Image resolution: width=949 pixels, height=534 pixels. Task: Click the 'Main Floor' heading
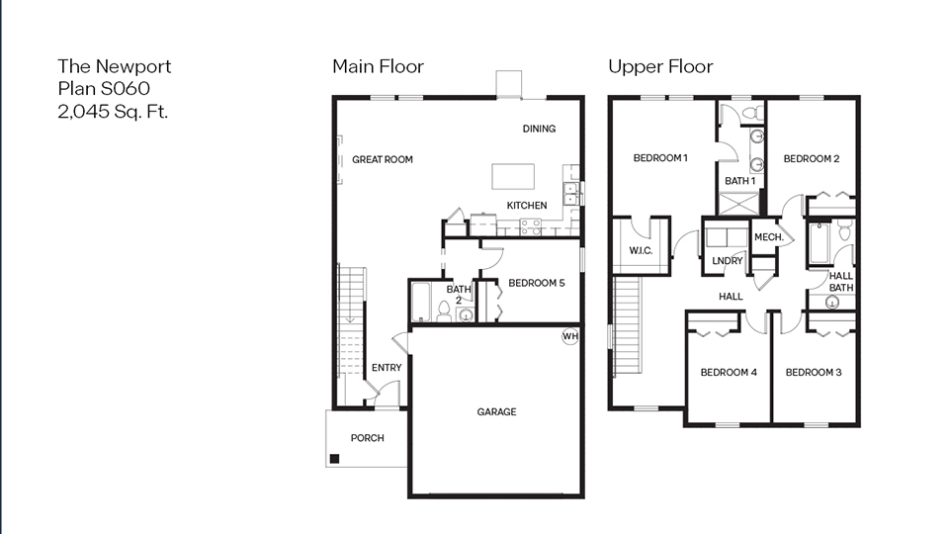378,67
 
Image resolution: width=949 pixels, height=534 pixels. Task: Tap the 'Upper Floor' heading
659,67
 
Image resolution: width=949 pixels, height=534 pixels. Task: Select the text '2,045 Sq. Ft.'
113,112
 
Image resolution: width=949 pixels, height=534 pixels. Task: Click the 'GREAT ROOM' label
383,159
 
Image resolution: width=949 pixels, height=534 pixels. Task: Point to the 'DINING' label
539,129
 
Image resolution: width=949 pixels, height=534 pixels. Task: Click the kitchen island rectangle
514,176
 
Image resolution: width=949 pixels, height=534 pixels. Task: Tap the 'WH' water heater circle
569,336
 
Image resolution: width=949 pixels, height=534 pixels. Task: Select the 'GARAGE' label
496,412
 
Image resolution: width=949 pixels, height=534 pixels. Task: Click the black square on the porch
336,458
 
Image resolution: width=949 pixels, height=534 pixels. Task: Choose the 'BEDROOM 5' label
536,283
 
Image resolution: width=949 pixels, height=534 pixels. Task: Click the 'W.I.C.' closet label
641,251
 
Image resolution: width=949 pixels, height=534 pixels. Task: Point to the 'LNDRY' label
727,261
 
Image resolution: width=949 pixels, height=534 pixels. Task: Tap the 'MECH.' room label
768,237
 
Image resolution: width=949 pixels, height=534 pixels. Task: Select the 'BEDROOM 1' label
660,158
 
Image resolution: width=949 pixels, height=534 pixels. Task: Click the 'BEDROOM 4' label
729,373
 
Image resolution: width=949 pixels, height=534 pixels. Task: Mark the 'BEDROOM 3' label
814,373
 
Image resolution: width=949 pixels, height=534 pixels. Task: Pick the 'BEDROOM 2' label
812,159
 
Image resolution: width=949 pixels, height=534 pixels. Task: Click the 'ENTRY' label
387,368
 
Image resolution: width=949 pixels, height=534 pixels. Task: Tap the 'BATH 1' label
739,181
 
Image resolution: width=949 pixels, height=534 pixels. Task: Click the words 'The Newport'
114,66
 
